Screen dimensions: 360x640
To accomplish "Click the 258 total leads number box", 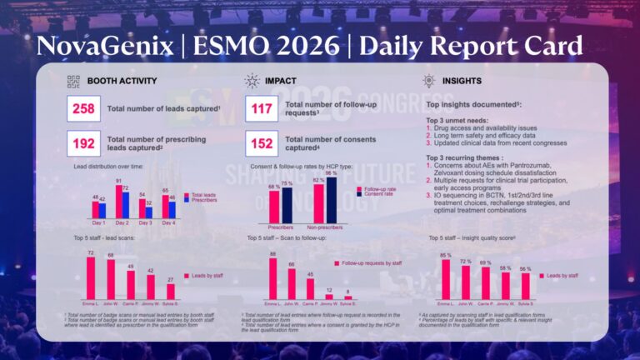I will coord(85,107).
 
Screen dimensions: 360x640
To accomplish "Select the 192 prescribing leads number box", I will coord(85,143).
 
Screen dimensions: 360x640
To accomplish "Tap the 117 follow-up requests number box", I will coord(264,107).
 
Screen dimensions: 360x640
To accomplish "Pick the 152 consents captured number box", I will coord(264,143).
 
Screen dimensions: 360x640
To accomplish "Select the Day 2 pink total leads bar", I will coord(119,202).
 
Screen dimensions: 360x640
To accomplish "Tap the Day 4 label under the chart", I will coord(168,222).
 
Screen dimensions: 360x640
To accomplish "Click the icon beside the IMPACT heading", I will coord(252,81).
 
